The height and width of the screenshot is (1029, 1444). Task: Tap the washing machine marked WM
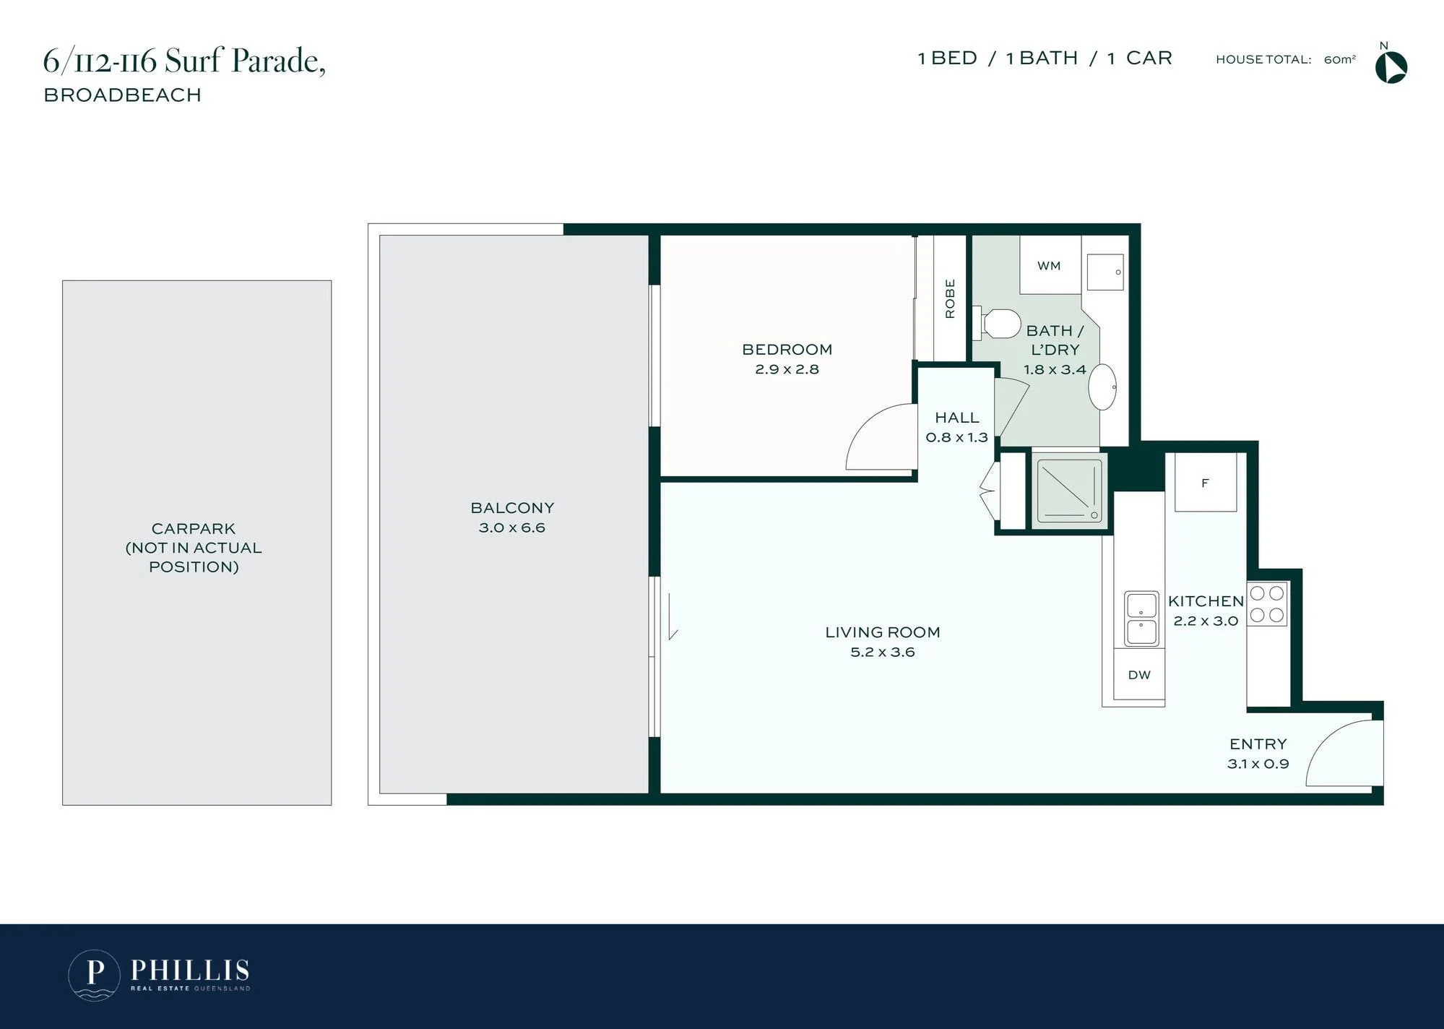pyautogui.click(x=1050, y=264)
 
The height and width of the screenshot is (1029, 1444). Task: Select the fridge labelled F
pyautogui.click(x=1206, y=483)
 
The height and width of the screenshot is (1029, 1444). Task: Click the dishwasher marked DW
pyautogui.click(x=1139, y=674)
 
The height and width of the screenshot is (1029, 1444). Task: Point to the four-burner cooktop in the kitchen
pyautogui.click(x=1267, y=604)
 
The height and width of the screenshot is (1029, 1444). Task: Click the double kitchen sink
pyautogui.click(x=1141, y=619)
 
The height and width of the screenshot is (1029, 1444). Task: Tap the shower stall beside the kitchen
pyautogui.click(x=1070, y=491)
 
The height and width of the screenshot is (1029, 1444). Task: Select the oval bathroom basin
pyautogui.click(x=1102, y=387)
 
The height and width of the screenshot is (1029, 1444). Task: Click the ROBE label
pyautogui.click(x=950, y=298)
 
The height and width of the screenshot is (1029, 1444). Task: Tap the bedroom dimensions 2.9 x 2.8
pyautogui.click(x=787, y=369)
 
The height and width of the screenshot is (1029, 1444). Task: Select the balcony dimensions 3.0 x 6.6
pyautogui.click(x=512, y=528)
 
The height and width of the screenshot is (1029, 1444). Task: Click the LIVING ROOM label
pyautogui.click(x=883, y=632)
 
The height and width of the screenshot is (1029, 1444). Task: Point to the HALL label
pyautogui.click(x=957, y=418)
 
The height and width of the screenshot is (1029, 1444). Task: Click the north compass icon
pyautogui.click(x=1391, y=67)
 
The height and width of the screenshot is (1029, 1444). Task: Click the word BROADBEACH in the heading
pyautogui.click(x=123, y=95)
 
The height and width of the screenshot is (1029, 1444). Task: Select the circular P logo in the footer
pyautogui.click(x=94, y=975)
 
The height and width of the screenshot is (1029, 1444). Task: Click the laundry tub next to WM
pyautogui.click(x=1105, y=272)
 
